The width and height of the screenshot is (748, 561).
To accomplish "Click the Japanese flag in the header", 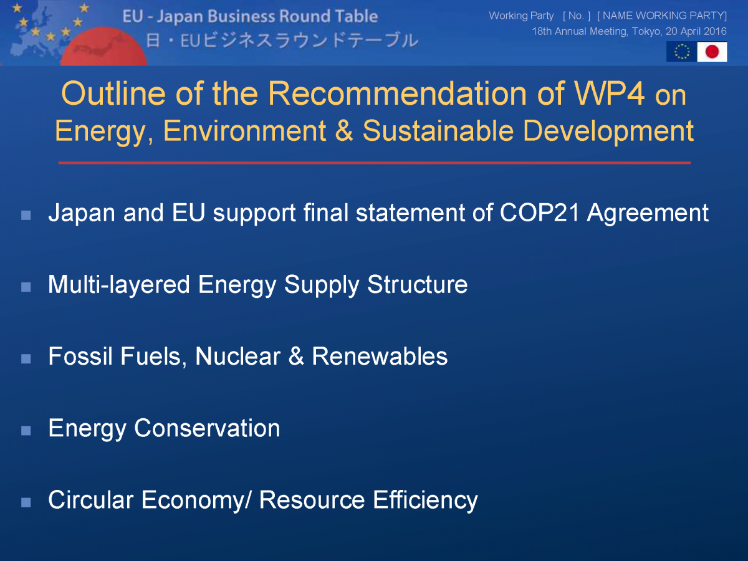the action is pyautogui.click(x=712, y=52).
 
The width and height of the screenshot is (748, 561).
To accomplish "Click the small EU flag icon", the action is pyautogui.click(x=682, y=52).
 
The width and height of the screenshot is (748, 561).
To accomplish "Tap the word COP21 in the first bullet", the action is pyautogui.click(x=539, y=213).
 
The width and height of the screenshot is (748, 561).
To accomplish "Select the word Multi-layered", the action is pyautogui.click(x=119, y=285).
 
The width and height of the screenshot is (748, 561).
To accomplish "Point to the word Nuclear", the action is pyautogui.click(x=238, y=357).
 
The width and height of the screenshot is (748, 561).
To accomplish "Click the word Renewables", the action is pyautogui.click(x=380, y=357).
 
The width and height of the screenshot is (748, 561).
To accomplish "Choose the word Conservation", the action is pyautogui.click(x=207, y=428).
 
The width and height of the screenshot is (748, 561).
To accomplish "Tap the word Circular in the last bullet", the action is pyautogui.click(x=90, y=500).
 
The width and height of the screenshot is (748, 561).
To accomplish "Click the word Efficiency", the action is pyautogui.click(x=425, y=501).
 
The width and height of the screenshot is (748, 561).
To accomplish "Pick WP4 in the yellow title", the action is pyautogui.click(x=609, y=93).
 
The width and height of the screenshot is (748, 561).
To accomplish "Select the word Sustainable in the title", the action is pyautogui.click(x=438, y=131).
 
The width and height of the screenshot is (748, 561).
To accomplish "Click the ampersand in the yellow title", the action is pyautogui.click(x=344, y=131).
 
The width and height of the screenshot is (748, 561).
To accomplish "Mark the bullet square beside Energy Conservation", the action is pyautogui.click(x=26, y=431).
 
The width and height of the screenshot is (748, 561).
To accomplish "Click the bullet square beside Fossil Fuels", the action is pyautogui.click(x=26, y=359).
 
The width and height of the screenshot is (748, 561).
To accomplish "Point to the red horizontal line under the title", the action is pyautogui.click(x=374, y=163).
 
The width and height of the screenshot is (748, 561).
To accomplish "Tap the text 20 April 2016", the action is pyautogui.click(x=696, y=31).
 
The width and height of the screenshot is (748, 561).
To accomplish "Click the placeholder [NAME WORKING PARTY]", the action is pyautogui.click(x=662, y=16).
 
